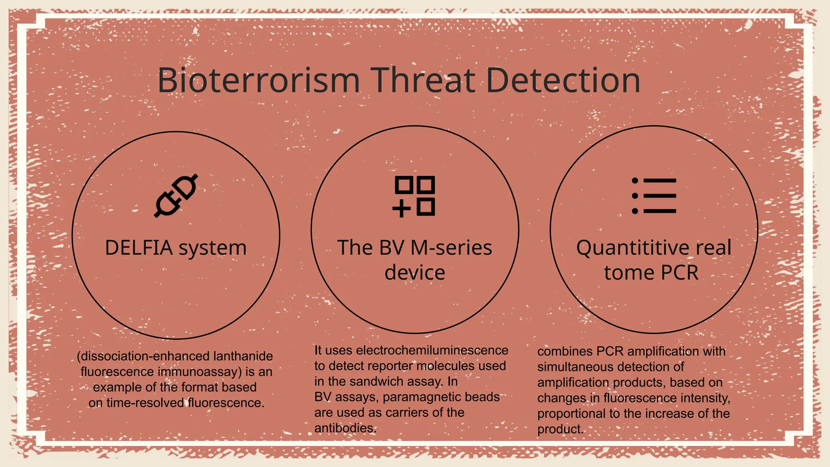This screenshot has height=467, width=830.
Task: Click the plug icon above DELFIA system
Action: tap(176, 196)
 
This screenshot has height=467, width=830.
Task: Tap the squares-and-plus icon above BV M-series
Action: tap(414, 196)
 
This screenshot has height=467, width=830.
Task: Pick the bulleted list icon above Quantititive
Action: tap(654, 196)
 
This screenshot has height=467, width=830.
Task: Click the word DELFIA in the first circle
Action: tap(139, 248)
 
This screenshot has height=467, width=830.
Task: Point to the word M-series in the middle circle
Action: tap(451, 248)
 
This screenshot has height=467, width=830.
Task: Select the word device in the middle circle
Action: tap(415, 272)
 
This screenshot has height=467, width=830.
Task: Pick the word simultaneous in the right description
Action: tap(575, 367)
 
